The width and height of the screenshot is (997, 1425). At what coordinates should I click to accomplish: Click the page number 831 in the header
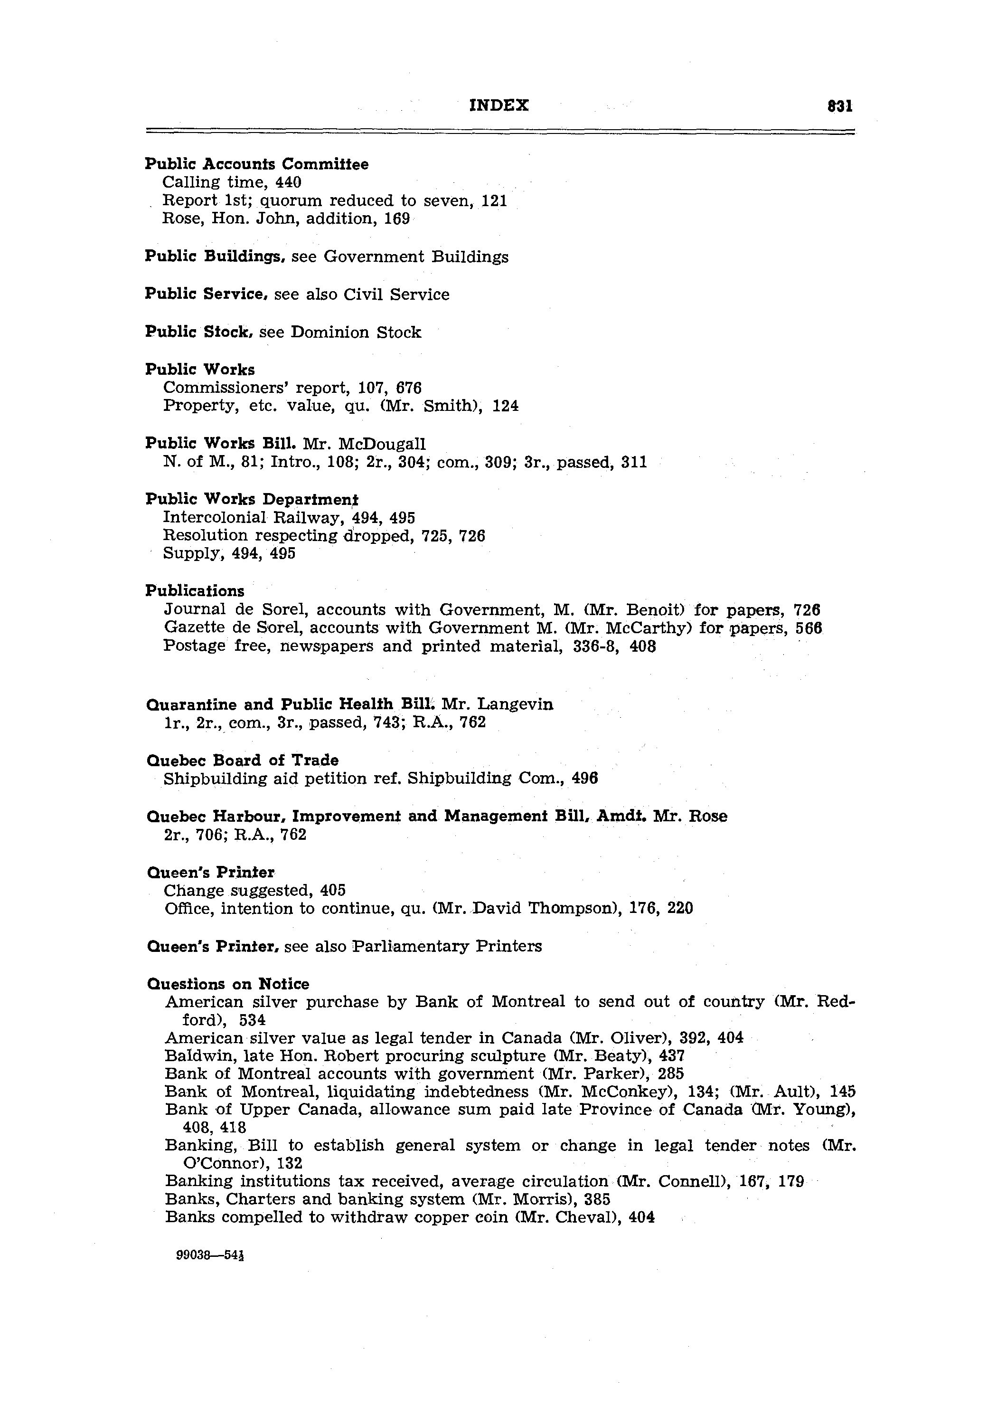[x=840, y=106]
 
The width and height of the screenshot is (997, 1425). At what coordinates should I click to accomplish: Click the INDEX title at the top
[x=499, y=105]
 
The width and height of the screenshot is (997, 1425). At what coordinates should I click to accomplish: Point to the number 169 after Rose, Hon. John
[x=396, y=218]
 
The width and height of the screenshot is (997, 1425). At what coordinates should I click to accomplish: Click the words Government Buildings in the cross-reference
[x=416, y=257]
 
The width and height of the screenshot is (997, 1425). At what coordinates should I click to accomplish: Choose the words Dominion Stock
[x=356, y=332]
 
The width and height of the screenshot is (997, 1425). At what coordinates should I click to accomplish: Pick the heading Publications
[x=195, y=591]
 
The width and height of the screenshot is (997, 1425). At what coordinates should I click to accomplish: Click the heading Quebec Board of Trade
[x=243, y=760]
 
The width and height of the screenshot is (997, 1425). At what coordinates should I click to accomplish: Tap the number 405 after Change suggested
[x=332, y=891]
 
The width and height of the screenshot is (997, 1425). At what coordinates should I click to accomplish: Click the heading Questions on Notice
[x=228, y=984]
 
